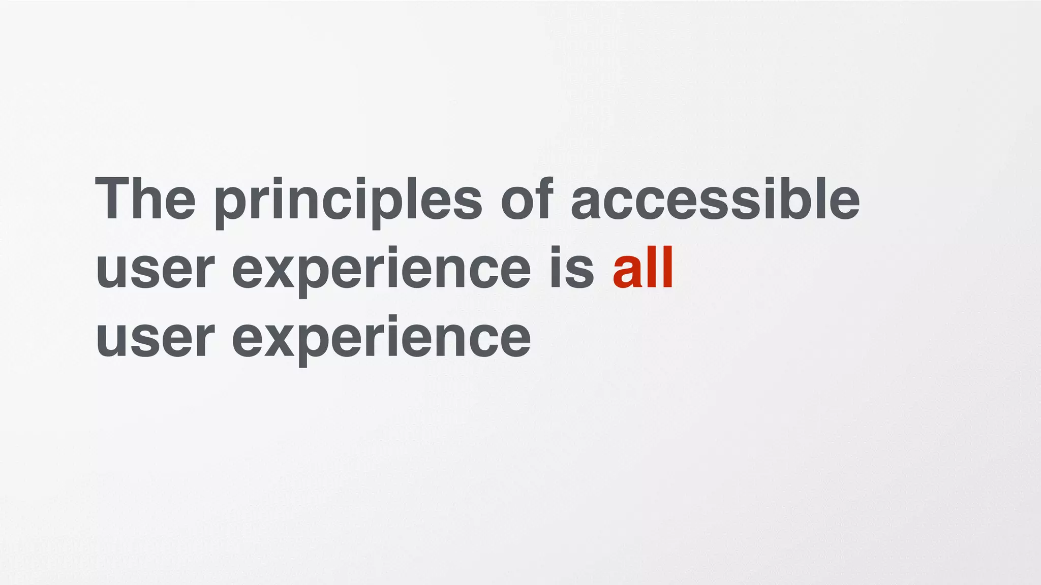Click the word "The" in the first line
(145, 199)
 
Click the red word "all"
(644, 268)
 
